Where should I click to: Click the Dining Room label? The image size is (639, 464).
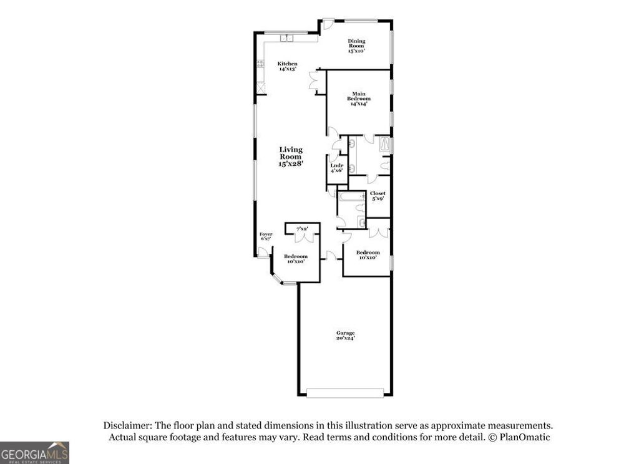[x=356, y=46]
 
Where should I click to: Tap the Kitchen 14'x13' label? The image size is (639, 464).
[x=288, y=66]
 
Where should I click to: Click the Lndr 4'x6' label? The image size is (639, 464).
[x=337, y=168]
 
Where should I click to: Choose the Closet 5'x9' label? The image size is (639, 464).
[x=378, y=196]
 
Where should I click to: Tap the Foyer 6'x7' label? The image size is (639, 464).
[x=266, y=236]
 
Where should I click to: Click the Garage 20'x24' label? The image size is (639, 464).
[x=346, y=336]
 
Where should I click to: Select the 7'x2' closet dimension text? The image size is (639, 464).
[x=302, y=229]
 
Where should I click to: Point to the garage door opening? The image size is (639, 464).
[x=346, y=392]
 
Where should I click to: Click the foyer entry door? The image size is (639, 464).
[x=263, y=252]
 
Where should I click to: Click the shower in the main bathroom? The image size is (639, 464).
[x=386, y=145]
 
